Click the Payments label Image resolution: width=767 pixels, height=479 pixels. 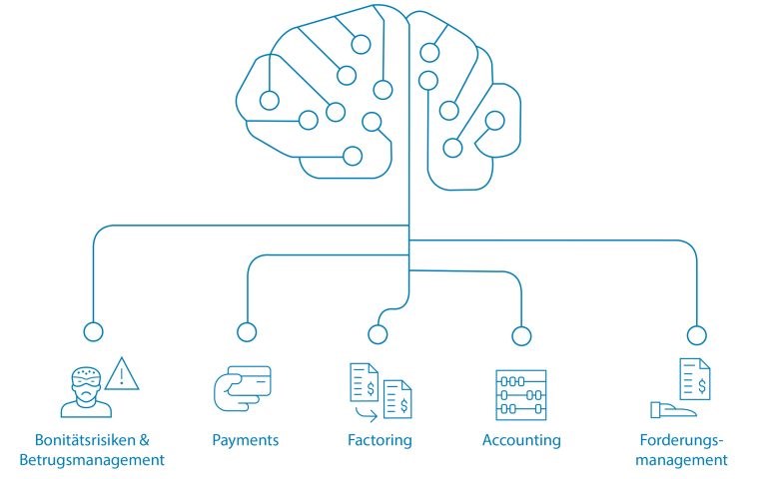(245, 440)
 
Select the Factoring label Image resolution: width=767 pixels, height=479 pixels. (380, 440)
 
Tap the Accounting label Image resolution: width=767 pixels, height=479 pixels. (521, 440)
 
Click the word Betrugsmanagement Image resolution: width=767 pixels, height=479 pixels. (92, 460)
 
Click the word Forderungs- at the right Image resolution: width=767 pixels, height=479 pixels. (681, 440)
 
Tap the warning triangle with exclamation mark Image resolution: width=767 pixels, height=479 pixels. (122, 374)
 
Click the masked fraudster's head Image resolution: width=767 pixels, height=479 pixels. (86, 383)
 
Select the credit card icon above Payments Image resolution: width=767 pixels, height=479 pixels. (243, 387)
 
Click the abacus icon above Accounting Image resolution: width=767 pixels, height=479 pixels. (521, 395)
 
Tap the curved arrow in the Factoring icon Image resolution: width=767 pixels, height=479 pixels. (367, 414)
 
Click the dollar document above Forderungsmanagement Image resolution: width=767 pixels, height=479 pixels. (695, 379)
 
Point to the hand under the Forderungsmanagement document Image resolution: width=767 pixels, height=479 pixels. (672, 410)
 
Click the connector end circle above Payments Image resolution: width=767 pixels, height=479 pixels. (247, 332)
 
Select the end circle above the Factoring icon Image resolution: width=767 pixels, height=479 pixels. (378, 334)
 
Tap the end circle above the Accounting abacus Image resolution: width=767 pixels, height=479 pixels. (521, 335)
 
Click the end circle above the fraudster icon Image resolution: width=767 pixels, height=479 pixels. (94, 331)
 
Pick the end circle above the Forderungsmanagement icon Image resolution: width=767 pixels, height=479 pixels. (696, 335)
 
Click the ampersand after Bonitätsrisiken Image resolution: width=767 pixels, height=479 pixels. (144, 440)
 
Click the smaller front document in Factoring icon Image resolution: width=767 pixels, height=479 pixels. (397, 399)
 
